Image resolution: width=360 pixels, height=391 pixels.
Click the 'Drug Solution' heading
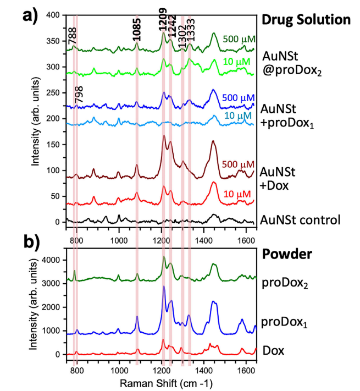pos(306,19)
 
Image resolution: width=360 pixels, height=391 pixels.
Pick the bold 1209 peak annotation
pos(163,23)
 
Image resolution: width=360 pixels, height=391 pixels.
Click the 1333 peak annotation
pos(190,30)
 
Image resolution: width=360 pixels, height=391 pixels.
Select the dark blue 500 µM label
pos(239,97)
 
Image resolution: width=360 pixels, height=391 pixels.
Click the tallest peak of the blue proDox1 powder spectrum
pos(163,286)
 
